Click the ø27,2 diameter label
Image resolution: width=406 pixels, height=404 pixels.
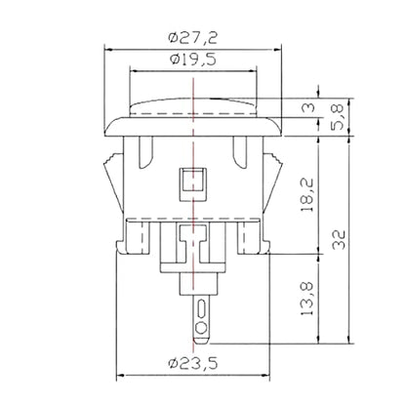[x=192, y=38]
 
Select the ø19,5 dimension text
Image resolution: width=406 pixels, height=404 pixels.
[x=192, y=60]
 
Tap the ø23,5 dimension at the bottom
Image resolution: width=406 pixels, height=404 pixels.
[x=193, y=363]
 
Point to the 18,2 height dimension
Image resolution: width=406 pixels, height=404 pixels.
[x=306, y=195]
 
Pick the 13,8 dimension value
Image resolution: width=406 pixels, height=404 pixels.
[x=306, y=299]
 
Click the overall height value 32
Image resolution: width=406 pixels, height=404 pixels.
[x=340, y=240]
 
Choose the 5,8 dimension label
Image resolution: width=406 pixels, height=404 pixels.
[x=338, y=117]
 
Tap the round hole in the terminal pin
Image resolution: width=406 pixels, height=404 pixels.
[x=201, y=328]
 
